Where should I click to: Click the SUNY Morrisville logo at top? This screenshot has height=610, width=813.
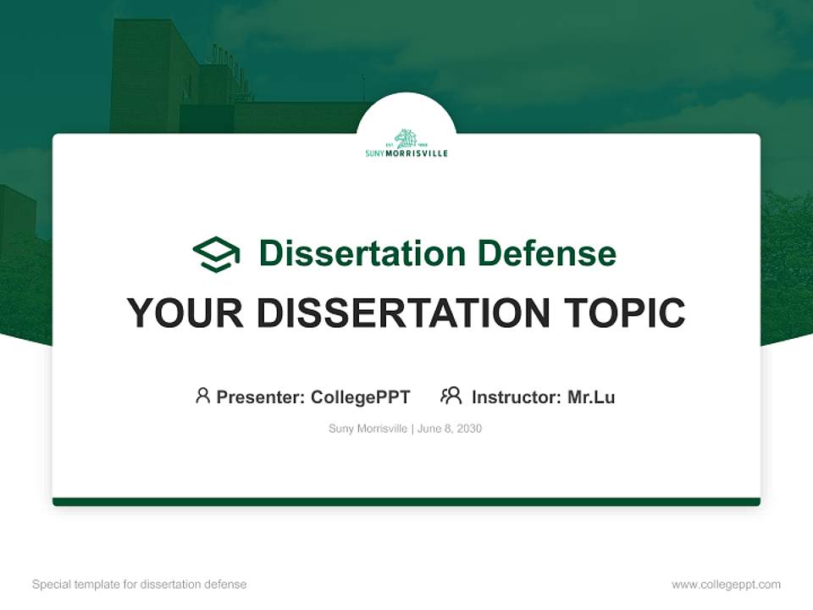(406, 144)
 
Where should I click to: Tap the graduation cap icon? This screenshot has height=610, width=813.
(216, 254)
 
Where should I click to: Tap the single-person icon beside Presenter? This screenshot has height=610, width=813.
(202, 396)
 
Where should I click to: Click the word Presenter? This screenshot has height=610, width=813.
(261, 396)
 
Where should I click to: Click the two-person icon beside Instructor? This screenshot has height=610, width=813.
(451, 396)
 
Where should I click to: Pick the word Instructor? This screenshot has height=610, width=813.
(517, 396)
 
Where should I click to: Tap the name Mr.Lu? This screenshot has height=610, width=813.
(591, 396)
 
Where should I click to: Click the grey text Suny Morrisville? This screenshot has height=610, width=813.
(368, 429)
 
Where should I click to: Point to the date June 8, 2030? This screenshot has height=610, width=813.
(450, 429)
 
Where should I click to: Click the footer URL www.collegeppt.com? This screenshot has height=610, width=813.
(726, 585)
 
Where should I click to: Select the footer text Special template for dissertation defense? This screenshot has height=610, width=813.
(139, 585)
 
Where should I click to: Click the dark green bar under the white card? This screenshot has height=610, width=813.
(406, 502)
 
